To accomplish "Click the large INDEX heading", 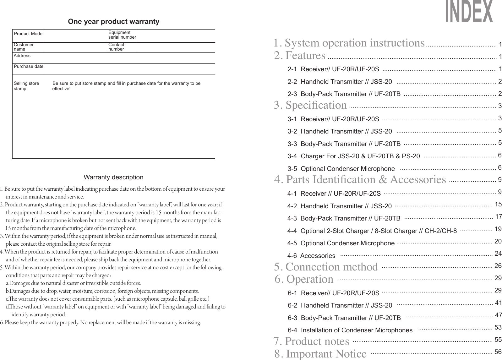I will point(469,12).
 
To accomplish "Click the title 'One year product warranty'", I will point(113,22).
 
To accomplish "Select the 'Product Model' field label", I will point(29,34).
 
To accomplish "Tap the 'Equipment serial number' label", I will point(122,35).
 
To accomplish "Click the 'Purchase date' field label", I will point(29,67).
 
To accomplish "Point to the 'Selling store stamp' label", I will point(26,86).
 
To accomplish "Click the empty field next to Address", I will point(130,58).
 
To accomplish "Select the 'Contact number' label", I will point(116,47).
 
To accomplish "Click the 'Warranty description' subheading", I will point(113,177).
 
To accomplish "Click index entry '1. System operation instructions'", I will point(349,43).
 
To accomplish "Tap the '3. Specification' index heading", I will point(310,105).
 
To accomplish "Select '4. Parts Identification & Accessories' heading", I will point(360,180).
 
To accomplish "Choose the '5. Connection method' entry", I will point(326,267).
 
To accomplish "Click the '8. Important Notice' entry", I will point(320,354).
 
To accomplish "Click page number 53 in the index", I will point(498,328).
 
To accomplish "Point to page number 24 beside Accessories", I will point(498,253).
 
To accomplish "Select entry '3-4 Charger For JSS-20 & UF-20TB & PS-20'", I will point(354,156).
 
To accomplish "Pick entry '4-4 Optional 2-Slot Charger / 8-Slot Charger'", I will point(372,231).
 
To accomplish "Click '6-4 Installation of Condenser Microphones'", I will point(350,330).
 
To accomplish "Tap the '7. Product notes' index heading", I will point(311,341).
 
